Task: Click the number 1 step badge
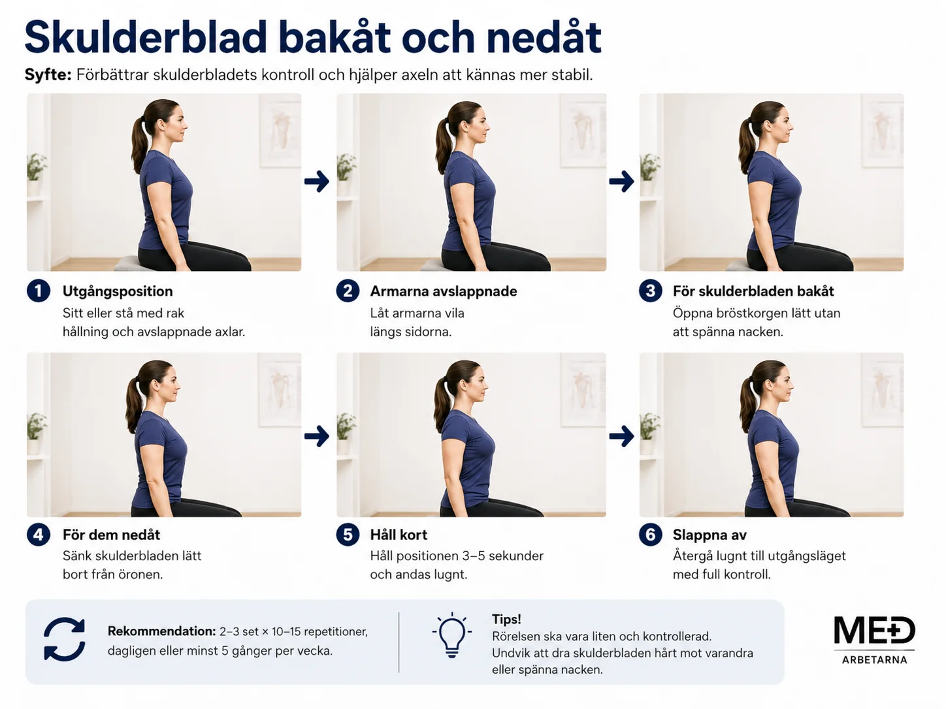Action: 39,291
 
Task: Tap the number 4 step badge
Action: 39,535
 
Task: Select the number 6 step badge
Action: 650,535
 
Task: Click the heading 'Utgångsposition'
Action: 118,291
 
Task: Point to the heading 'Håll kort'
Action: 399,535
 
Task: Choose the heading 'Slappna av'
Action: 709,535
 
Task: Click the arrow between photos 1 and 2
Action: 317,181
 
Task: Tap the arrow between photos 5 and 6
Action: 621,437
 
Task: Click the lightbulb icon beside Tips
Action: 451,635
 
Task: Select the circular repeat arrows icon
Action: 64,639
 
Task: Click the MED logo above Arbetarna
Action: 874,630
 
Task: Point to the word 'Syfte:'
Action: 48,75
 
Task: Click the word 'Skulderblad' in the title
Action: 146,37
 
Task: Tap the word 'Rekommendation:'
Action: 161,631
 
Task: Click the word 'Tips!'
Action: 506,619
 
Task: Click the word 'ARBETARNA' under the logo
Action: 874,659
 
